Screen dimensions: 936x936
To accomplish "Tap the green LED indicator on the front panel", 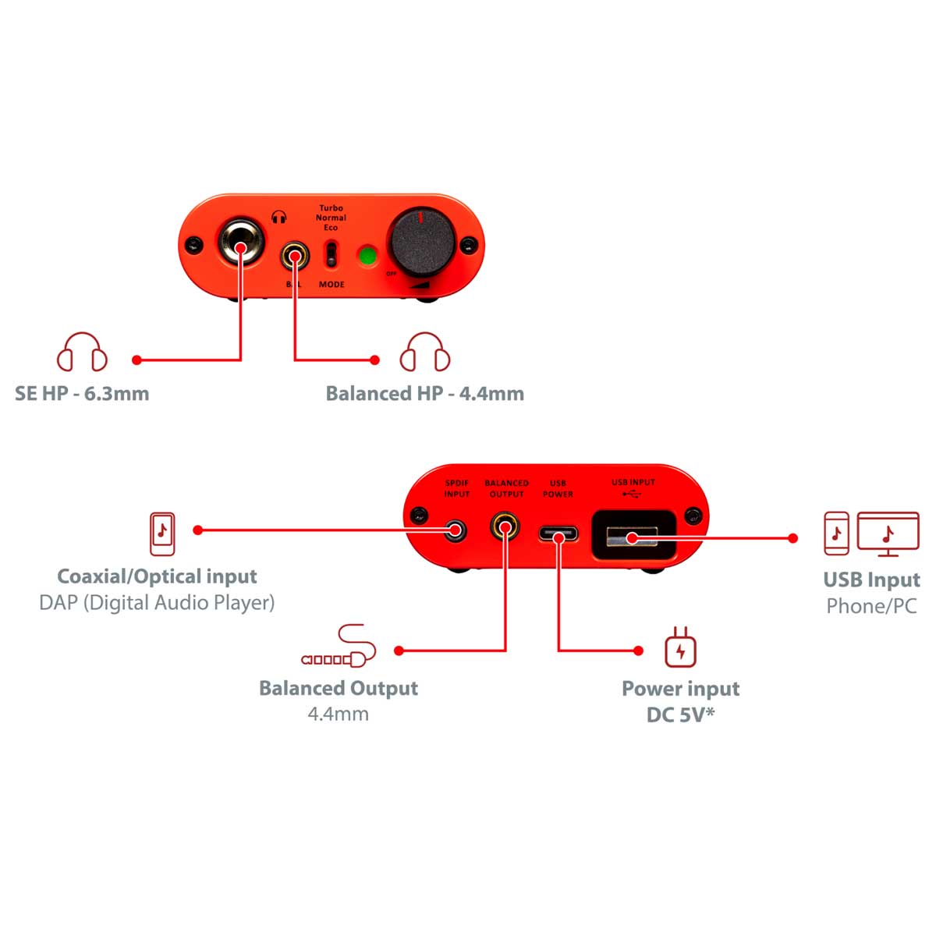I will point(367,256).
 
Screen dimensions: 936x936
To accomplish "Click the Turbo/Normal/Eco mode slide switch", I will point(331,253).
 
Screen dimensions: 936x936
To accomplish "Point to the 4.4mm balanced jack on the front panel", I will point(295,255).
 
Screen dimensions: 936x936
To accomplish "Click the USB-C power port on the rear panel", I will point(558,535).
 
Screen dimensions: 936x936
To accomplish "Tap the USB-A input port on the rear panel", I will point(633,536).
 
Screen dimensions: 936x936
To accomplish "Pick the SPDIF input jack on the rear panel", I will point(456,531).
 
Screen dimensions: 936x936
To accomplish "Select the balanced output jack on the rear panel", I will point(506,527).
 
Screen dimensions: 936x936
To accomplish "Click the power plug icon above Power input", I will point(680,647).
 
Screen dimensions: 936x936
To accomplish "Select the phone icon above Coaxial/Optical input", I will point(162,534).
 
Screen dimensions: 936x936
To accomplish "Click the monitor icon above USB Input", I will point(888,534).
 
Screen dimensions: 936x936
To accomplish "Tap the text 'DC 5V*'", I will point(680,714).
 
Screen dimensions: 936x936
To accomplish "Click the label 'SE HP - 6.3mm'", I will point(82,393).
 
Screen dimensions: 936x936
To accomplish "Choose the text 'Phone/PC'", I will point(871,606).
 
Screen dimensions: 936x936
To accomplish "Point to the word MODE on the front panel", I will point(331,285).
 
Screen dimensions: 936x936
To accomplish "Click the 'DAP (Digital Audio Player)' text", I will point(157,602).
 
